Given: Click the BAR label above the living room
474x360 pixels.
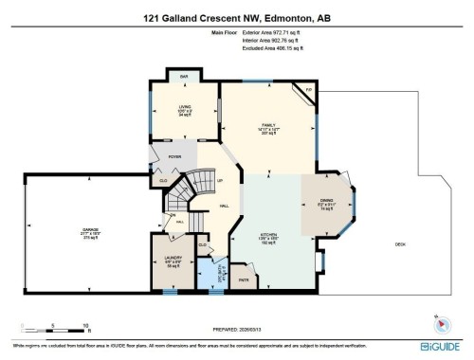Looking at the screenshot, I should (x=184, y=76).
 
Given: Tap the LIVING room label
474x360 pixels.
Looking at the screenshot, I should (x=185, y=108).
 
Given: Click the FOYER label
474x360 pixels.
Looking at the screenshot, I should (x=175, y=157).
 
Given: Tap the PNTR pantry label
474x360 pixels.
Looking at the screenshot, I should (x=243, y=279).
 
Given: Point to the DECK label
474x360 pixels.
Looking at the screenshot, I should (x=400, y=245).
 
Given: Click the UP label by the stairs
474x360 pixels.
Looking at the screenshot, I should (x=220, y=180).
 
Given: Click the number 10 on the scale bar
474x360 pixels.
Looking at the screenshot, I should (x=86, y=326).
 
